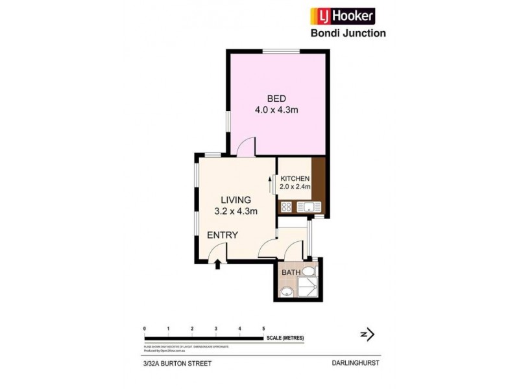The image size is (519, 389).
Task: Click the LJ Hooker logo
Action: click(x=342, y=16)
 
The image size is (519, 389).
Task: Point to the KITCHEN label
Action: click(x=295, y=178)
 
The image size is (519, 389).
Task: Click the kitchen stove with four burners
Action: click(x=287, y=207)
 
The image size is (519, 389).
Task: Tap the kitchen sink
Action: click(x=309, y=207)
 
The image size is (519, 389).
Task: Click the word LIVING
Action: click(x=235, y=200)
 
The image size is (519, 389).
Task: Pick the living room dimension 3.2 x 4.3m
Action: click(x=236, y=211)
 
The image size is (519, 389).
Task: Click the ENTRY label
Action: click(x=223, y=235)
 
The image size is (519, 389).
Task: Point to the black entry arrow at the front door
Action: click(x=217, y=263)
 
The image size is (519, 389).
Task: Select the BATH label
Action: click(x=291, y=272)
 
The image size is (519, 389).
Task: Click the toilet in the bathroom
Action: click(x=309, y=271)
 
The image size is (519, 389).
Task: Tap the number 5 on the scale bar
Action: click(x=263, y=329)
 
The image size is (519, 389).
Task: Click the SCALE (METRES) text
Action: click(x=284, y=338)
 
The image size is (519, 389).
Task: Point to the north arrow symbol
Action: click(x=368, y=335)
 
